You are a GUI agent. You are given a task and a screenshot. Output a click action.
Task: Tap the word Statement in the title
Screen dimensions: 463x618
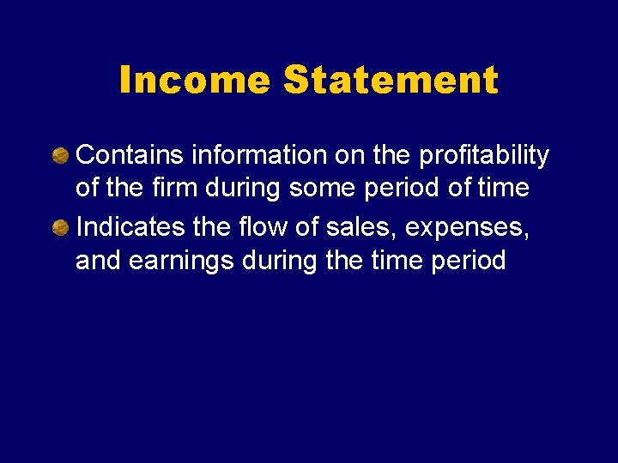391,81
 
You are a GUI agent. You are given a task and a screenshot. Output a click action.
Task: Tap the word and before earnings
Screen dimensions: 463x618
99,260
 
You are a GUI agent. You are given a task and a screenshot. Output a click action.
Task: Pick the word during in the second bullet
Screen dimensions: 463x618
280,260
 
